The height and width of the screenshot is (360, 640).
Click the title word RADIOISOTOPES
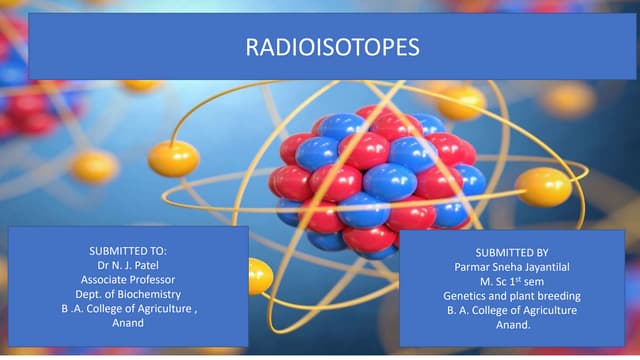(319, 47)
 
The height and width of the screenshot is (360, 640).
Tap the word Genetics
(467, 296)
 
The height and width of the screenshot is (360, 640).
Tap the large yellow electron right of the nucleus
(544, 187)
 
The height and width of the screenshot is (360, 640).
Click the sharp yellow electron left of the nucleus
(173, 158)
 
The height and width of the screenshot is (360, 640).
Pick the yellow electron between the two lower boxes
(259, 276)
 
